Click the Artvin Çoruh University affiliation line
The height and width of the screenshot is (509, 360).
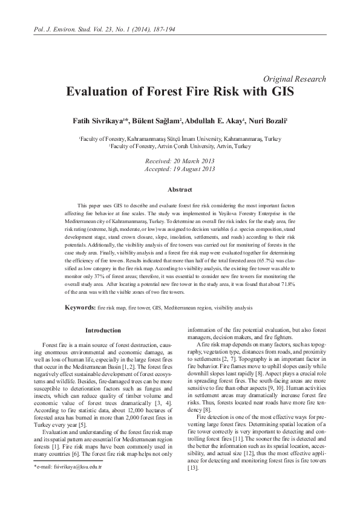tap(180, 146)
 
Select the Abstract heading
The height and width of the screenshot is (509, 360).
tap(180, 189)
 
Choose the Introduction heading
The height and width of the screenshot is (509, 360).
tap(103, 331)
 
